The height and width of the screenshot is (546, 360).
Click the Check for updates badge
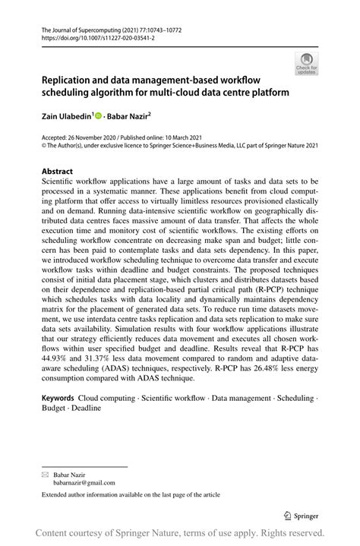point(306,63)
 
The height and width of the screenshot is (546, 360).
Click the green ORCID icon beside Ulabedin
point(99,117)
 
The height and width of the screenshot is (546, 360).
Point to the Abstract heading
point(57,171)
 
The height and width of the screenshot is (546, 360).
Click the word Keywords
point(58,397)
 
